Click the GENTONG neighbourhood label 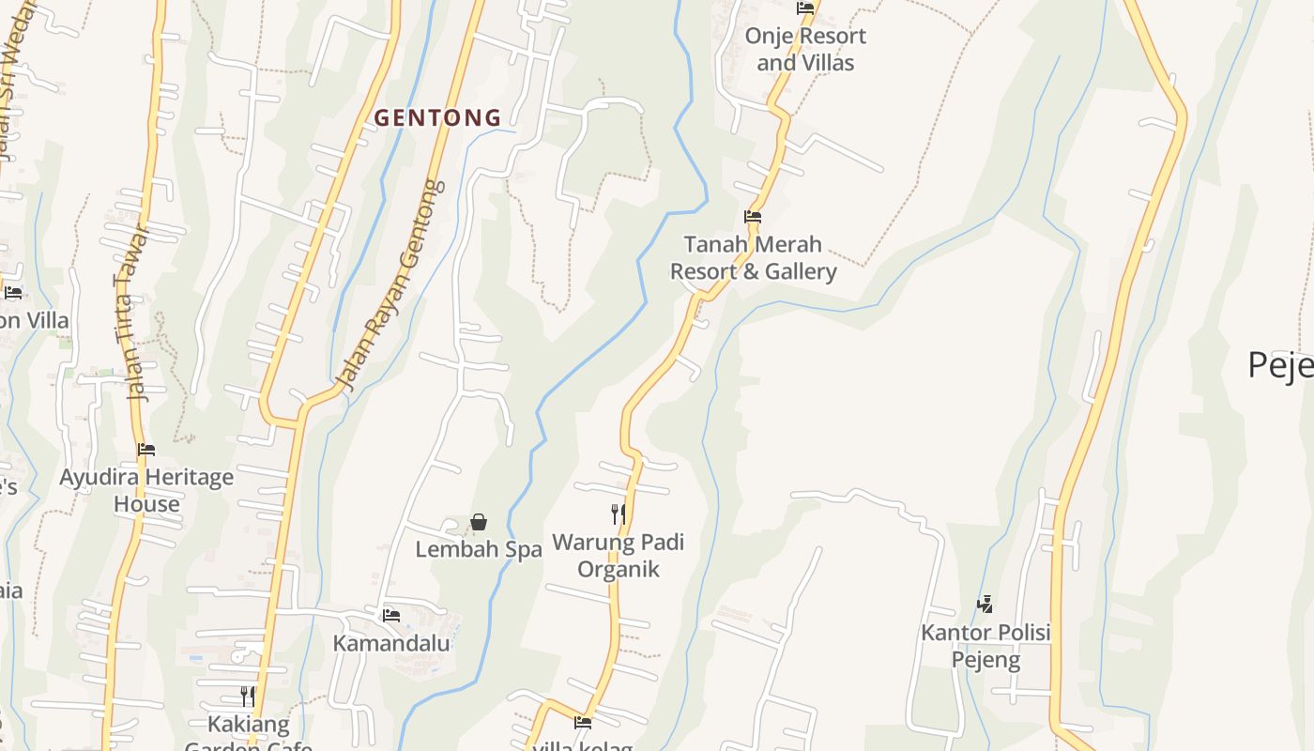point(437,118)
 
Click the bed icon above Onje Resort point(805,8)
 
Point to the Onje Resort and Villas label point(805,50)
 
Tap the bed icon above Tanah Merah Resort point(753,217)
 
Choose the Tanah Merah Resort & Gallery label point(753,258)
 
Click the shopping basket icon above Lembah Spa point(479,522)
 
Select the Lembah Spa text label point(479,550)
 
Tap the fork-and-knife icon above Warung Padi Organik point(618,513)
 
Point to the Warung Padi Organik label point(618,556)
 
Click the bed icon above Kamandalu point(391,616)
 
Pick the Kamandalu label point(391,644)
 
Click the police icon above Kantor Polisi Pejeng point(985,605)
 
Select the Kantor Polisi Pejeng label point(985,646)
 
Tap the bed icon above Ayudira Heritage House point(146,450)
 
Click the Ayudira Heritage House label point(146,491)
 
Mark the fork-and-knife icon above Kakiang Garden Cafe point(248,696)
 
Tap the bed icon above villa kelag point(583,723)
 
